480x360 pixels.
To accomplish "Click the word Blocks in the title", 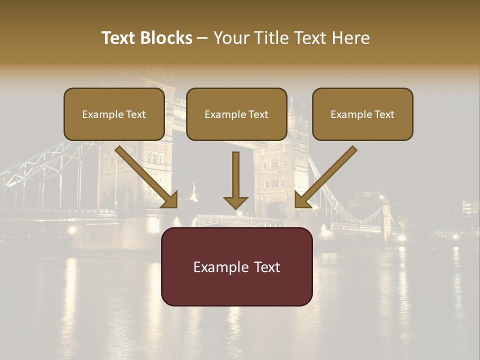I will (x=167, y=38).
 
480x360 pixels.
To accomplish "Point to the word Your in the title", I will (x=228, y=38).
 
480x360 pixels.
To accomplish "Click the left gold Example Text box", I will (x=114, y=114).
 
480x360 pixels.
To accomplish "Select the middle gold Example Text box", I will (x=236, y=114).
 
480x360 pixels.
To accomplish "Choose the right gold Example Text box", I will (x=362, y=114).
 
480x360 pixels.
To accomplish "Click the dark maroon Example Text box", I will (x=236, y=266).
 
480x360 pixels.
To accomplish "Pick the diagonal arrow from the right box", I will (x=327, y=174).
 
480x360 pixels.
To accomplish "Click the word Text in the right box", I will (x=384, y=114).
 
